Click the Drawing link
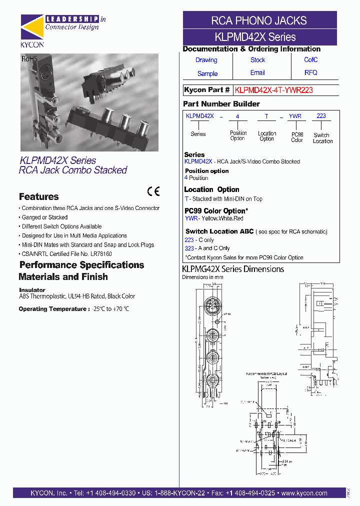click(x=206, y=60)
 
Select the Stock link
click(x=257, y=60)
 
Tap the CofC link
click(x=310, y=60)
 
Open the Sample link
click(x=207, y=73)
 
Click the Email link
click(x=257, y=73)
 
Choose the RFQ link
click(x=310, y=73)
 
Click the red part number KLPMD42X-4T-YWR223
click(x=274, y=90)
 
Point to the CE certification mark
click(x=153, y=191)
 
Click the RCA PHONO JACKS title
click(x=259, y=20)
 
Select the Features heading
click(x=38, y=197)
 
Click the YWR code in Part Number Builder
click(x=295, y=116)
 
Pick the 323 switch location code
click(x=189, y=248)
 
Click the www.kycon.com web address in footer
click(x=304, y=493)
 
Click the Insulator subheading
click(x=32, y=290)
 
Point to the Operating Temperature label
click(x=54, y=309)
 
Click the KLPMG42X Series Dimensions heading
click(x=232, y=269)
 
